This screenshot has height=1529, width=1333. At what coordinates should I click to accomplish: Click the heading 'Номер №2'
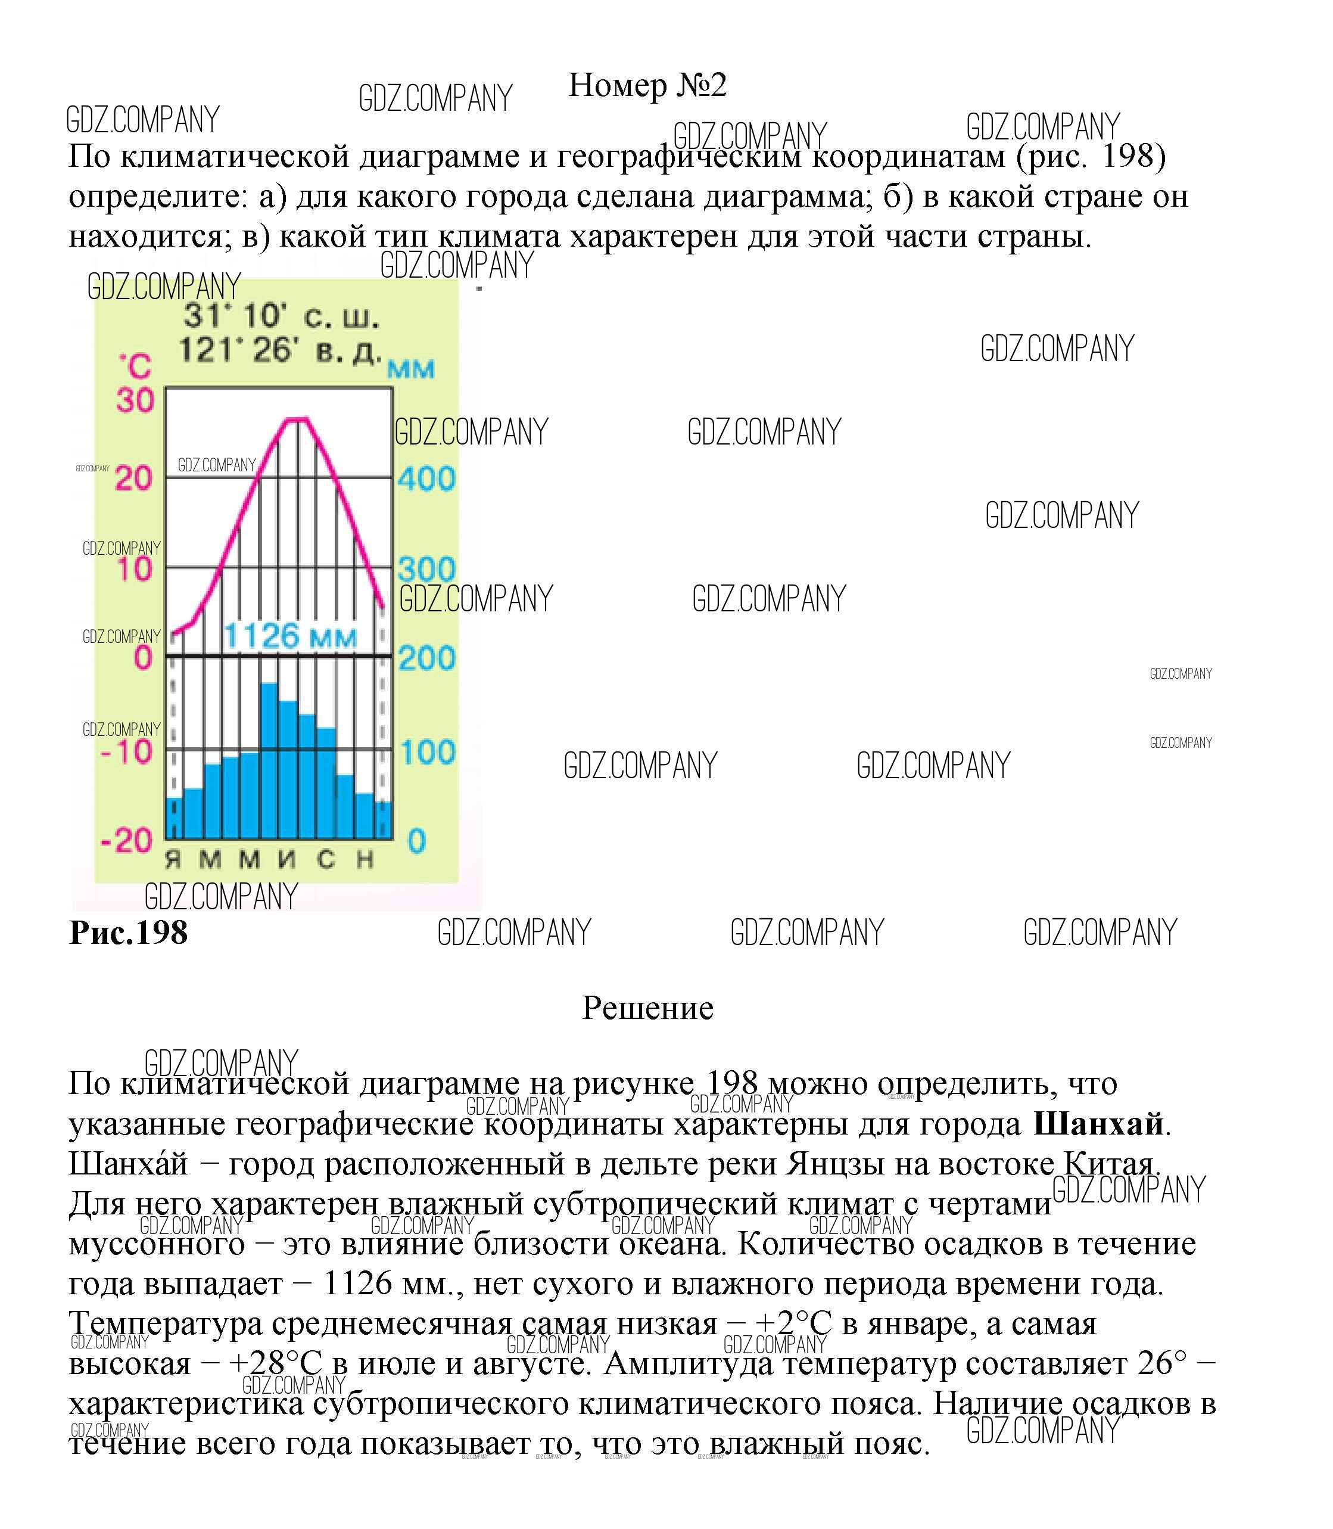[647, 86]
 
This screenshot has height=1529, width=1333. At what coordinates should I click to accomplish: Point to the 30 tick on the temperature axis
[135, 400]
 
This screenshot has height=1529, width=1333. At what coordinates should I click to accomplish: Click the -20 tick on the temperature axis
[126, 840]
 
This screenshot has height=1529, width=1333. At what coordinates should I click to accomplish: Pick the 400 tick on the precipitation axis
[426, 478]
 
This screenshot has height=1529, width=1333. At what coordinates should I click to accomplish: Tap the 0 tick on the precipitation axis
[416, 841]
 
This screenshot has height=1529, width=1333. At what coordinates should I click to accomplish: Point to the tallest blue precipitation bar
[269, 759]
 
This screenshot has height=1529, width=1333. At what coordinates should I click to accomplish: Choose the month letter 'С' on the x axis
[326, 860]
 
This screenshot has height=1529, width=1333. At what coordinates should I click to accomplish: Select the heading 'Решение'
[647, 1008]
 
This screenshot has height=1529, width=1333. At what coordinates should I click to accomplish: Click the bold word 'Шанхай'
[1098, 1124]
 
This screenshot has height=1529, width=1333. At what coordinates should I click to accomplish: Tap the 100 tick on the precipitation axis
[427, 752]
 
